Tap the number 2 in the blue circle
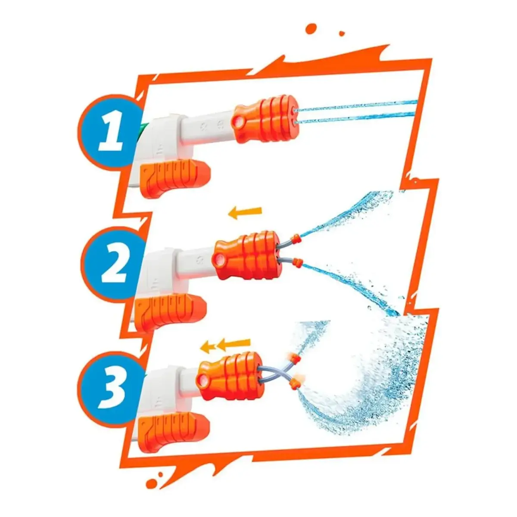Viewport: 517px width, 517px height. click(x=113, y=262)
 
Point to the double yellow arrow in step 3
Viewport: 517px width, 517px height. click(x=226, y=344)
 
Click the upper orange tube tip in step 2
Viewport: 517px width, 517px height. click(x=296, y=237)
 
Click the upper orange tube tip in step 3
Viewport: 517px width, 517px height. click(x=294, y=358)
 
